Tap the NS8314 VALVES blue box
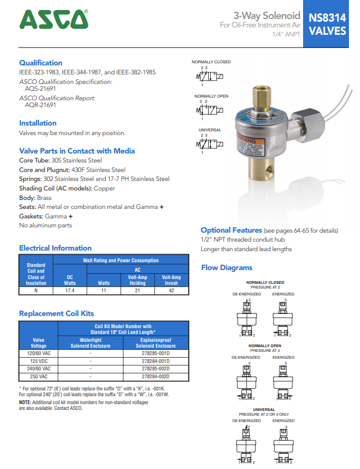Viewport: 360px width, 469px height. click(x=327, y=24)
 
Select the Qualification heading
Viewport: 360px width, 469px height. click(x=41, y=63)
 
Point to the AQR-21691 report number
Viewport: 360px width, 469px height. click(x=41, y=104)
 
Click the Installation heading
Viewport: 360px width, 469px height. click(x=37, y=123)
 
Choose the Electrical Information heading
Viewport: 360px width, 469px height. click(x=55, y=248)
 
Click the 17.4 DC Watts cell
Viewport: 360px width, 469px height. click(x=70, y=290)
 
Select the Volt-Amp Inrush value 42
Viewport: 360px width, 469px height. click(x=171, y=290)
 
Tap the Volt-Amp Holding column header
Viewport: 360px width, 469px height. click(x=138, y=280)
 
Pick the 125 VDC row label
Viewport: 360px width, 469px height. click(x=38, y=361)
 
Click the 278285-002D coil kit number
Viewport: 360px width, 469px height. click(x=155, y=369)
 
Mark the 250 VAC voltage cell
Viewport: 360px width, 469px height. click(x=38, y=377)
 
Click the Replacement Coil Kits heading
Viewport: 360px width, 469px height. click(x=56, y=313)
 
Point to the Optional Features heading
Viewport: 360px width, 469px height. click(x=231, y=230)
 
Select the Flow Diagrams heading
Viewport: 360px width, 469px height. click(x=227, y=267)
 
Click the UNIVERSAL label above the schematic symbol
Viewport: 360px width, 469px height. click(x=210, y=130)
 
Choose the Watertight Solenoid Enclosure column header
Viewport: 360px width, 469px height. click(x=91, y=343)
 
